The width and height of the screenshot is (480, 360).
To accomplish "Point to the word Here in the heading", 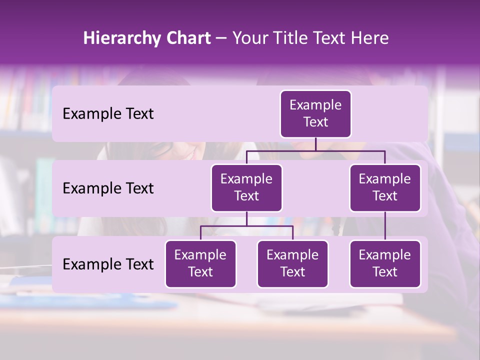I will [x=369, y=38].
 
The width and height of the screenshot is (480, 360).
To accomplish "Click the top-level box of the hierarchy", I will [x=315, y=114].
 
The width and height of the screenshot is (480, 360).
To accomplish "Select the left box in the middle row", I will [x=246, y=187].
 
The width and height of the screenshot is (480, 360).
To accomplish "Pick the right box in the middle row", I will [x=385, y=187].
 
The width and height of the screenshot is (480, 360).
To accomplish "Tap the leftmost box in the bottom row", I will [x=200, y=263].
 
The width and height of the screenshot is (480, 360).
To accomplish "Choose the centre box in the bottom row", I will [x=292, y=263].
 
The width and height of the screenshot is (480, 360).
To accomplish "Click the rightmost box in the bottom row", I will [x=385, y=263].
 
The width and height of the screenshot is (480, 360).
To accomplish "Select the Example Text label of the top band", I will [x=108, y=114].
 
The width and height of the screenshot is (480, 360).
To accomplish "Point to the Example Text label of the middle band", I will [x=108, y=188].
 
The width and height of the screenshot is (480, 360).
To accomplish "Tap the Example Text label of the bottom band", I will [x=108, y=264].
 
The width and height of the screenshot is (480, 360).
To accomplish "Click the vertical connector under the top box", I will [x=315, y=144].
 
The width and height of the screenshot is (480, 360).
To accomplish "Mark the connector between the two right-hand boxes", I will [x=385, y=225].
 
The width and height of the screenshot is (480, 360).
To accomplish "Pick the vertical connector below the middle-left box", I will [x=246, y=218].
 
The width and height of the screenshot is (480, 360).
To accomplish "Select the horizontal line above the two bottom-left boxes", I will [x=225, y=226].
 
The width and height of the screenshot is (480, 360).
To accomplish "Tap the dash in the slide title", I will [x=221, y=38].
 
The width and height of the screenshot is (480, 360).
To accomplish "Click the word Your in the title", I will [x=249, y=38].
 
